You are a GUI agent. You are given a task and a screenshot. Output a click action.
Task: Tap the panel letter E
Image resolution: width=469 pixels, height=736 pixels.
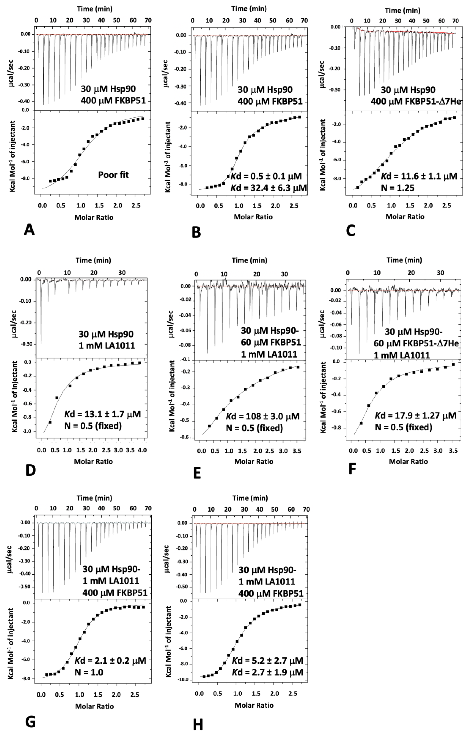[x=197, y=473]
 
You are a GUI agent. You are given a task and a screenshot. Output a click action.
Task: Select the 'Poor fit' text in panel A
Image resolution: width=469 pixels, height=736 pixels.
[x=113, y=175]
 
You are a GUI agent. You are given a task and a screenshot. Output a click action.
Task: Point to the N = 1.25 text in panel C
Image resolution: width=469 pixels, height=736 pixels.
[x=398, y=188]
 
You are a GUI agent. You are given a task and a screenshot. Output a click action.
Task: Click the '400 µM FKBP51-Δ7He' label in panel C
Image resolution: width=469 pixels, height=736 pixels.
[x=415, y=101]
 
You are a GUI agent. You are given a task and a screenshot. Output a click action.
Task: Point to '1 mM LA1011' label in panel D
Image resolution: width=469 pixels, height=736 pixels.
[x=107, y=346]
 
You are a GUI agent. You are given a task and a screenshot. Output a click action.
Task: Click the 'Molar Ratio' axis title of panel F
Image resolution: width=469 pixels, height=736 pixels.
[x=408, y=462]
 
